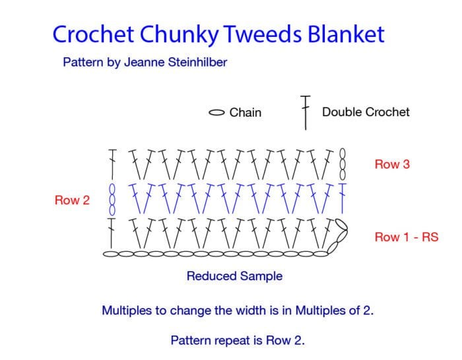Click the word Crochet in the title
[94, 34]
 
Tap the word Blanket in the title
[346, 34]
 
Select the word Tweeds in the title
[263, 34]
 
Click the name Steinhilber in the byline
[197, 62]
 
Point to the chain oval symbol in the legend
[217, 113]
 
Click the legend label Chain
[246, 113]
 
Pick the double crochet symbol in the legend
[306, 113]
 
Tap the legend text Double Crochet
[366, 112]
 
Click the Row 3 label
[392, 164]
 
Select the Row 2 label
[72, 200]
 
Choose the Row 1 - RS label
[407, 237]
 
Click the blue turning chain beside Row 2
[112, 200]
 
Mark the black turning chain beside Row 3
[343, 164]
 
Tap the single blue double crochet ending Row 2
[343, 198]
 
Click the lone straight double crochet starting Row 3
[112, 164]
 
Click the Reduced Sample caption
[234, 276]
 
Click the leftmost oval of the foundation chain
[111, 254]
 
